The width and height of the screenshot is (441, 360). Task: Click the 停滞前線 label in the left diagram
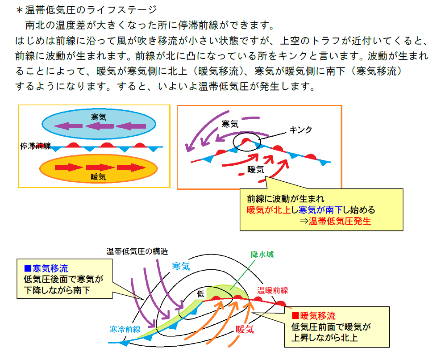click(35, 146)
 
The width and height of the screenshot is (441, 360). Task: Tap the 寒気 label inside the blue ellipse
click(99, 117)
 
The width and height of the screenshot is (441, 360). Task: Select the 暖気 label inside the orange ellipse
click(98, 177)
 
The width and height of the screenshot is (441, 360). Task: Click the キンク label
click(301, 130)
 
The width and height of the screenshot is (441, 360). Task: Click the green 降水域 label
click(262, 255)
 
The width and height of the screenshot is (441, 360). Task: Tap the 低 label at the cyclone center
click(200, 294)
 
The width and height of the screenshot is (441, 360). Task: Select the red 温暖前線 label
click(273, 290)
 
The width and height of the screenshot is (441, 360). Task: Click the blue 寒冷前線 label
click(125, 329)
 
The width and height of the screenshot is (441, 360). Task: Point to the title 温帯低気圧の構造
click(137, 251)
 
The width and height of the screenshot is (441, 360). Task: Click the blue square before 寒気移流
click(28, 268)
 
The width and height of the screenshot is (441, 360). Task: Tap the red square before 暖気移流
click(295, 316)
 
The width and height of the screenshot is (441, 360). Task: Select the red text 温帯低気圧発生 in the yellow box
click(340, 221)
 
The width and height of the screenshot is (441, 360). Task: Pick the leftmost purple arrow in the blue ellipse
click(68, 126)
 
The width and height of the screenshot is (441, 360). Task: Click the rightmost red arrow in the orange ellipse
click(131, 167)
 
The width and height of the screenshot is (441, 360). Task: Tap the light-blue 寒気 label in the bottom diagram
click(181, 266)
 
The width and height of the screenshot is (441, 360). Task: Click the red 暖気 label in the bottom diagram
click(245, 329)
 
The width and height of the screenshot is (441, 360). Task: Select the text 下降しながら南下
click(57, 290)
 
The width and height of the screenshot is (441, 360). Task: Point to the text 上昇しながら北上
click(325, 338)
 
